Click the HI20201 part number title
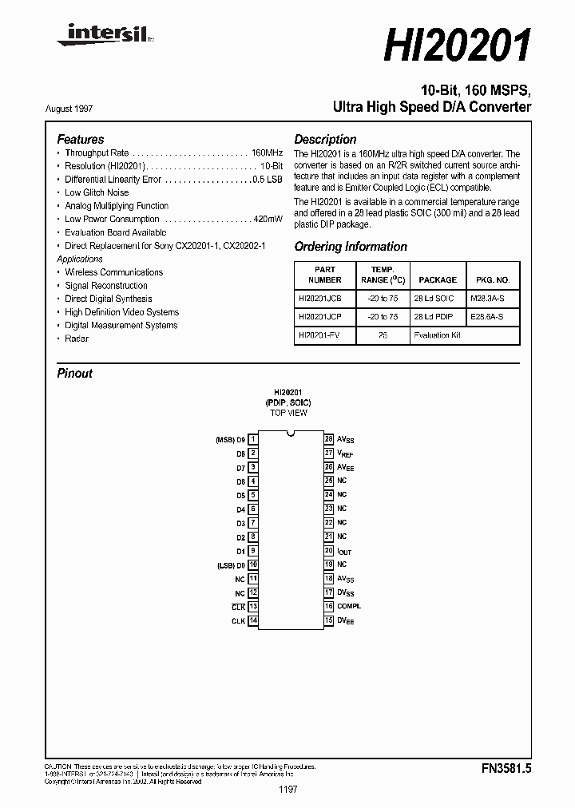pyautogui.click(x=457, y=46)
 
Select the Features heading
pyautogui.click(x=80, y=139)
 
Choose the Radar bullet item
pyautogui.click(x=77, y=339)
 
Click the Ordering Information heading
pyautogui.click(x=351, y=247)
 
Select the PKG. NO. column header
pyautogui.click(x=493, y=280)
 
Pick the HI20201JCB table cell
pyautogui.click(x=319, y=297)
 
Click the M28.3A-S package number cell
pyautogui.click(x=493, y=297)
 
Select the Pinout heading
pyautogui.click(x=75, y=373)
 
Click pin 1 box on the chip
pyautogui.click(x=252, y=439)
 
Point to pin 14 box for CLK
pyautogui.click(x=252, y=620)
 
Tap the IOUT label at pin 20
pyautogui.click(x=344, y=551)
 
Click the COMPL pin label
pyautogui.click(x=349, y=607)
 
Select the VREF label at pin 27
pyautogui.click(x=345, y=453)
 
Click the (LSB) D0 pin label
pyautogui.click(x=230, y=564)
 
